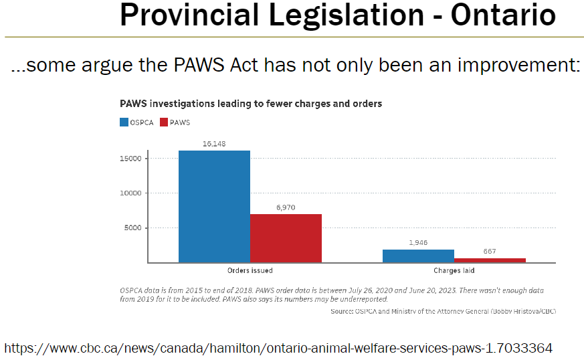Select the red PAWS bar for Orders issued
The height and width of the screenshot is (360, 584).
click(x=286, y=238)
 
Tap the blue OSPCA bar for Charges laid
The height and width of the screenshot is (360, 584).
click(x=418, y=256)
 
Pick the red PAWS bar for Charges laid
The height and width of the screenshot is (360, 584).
click(x=490, y=260)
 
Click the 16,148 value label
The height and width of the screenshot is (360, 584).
click(x=214, y=143)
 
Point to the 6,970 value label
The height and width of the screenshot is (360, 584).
click(x=286, y=207)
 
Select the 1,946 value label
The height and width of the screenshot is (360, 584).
click(x=418, y=243)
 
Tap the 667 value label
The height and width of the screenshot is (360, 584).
click(x=490, y=252)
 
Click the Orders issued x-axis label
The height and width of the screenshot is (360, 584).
click(x=250, y=271)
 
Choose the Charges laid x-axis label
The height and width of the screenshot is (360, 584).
click(x=454, y=271)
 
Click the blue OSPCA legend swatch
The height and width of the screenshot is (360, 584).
click(x=124, y=122)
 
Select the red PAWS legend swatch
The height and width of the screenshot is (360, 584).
click(x=165, y=122)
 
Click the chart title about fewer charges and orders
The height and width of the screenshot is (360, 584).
click(x=250, y=104)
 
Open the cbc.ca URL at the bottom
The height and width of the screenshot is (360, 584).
click(x=278, y=348)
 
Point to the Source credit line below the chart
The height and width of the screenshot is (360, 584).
click(x=443, y=311)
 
